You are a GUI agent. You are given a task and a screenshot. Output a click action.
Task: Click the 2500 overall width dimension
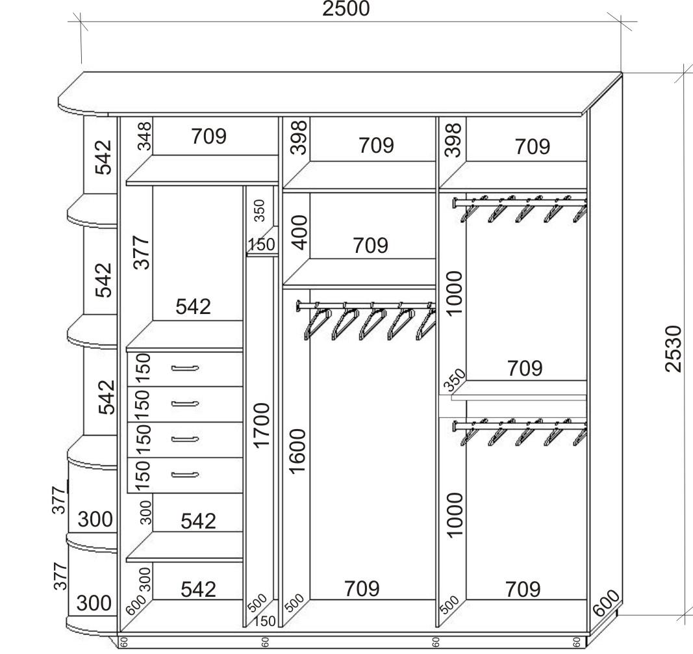tap(346, 8)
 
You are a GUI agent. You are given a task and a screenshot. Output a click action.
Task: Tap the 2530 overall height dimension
tap(674, 348)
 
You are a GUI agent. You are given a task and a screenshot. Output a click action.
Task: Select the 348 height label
tap(144, 137)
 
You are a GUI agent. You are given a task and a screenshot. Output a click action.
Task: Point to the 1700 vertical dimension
tap(262, 425)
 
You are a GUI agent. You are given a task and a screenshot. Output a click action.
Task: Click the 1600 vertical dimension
tap(298, 451)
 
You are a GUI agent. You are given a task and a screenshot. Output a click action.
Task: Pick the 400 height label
tap(300, 233)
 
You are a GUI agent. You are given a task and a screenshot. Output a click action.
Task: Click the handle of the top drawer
tap(184, 368)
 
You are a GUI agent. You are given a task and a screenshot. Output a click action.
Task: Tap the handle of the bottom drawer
tap(184, 475)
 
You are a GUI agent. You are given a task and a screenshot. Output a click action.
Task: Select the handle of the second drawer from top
tap(184, 404)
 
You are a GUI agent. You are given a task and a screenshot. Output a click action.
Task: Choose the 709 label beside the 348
tap(208, 136)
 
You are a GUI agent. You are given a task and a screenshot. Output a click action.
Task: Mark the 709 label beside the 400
tap(370, 245)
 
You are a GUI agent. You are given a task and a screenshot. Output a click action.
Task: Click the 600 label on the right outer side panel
tap(607, 603)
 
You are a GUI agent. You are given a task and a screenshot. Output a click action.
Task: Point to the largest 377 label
tap(142, 253)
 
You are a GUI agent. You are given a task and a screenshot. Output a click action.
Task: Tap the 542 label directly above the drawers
tap(193, 306)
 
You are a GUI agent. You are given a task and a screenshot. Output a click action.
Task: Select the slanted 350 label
tap(455, 380)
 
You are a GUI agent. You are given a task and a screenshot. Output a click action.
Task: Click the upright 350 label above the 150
tap(259, 211)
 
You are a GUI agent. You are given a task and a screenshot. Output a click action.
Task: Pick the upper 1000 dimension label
tap(455, 294)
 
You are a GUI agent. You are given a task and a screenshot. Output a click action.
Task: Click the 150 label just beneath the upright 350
tap(262, 244)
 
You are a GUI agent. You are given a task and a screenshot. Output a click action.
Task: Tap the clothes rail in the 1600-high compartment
tap(366, 305)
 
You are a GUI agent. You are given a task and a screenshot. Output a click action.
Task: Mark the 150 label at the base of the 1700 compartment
tap(264, 621)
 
